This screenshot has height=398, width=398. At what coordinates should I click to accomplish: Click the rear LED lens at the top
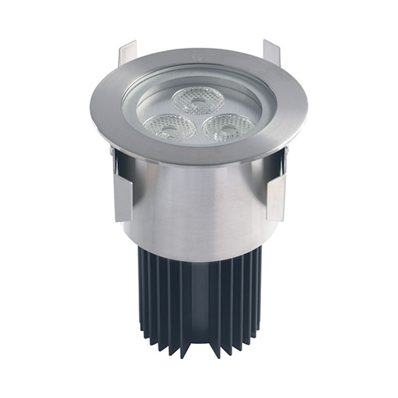[x=198, y=99]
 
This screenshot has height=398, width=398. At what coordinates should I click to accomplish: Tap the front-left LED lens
[x=169, y=127]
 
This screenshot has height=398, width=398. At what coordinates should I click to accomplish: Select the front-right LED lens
[x=228, y=127]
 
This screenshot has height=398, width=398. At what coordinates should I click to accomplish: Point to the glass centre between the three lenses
[x=199, y=118]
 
